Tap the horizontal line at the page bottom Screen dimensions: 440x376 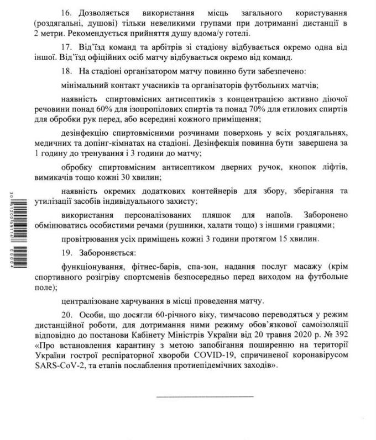206,396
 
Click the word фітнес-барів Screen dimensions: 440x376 160,266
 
